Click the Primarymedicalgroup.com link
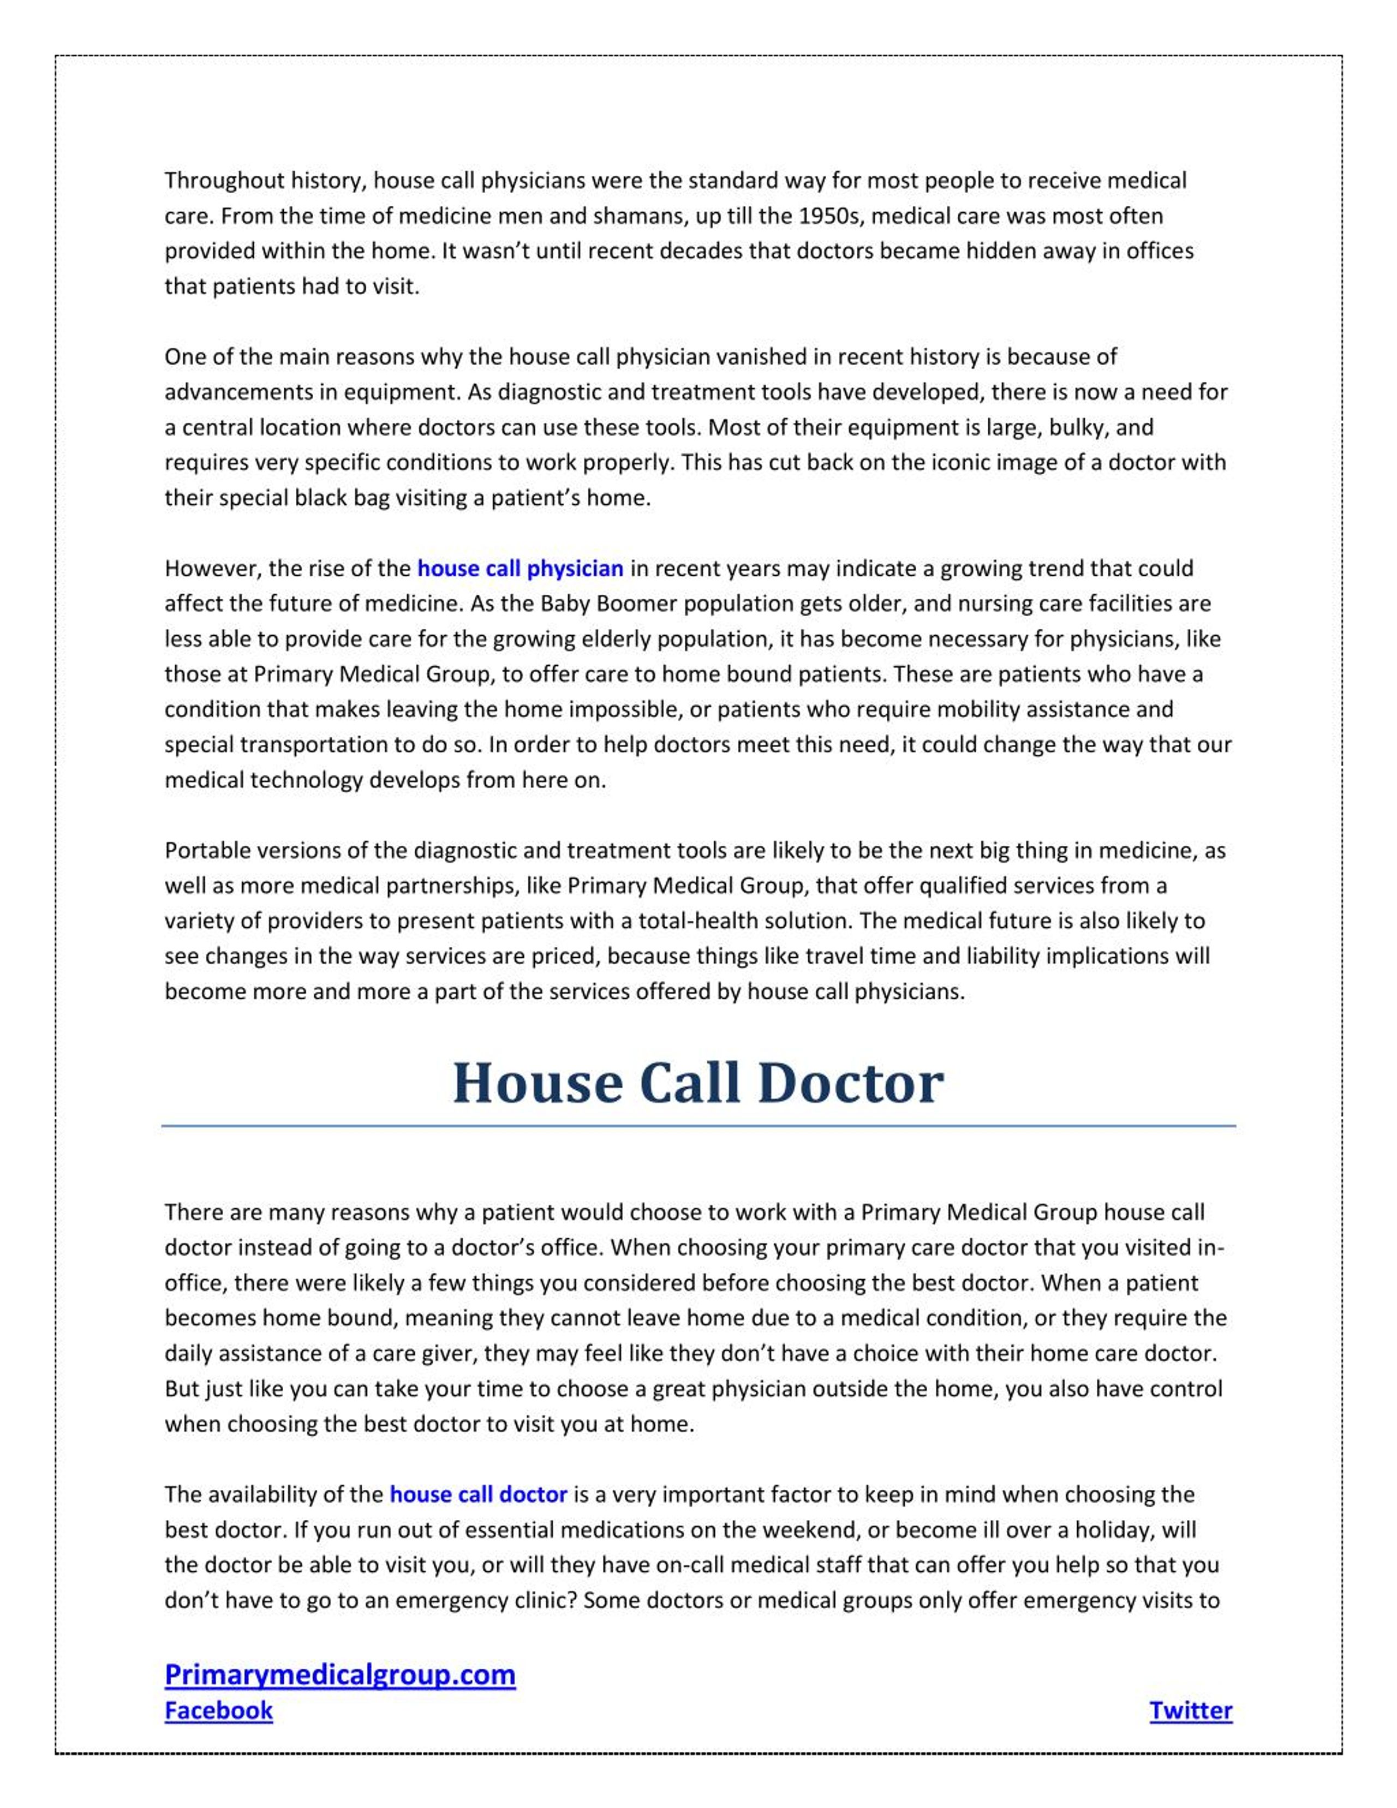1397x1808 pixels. pos(340,1675)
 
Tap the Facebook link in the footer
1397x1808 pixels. pos(218,1710)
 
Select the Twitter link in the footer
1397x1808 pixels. pos(1190,1710)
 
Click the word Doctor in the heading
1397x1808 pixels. pos(850,1084)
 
